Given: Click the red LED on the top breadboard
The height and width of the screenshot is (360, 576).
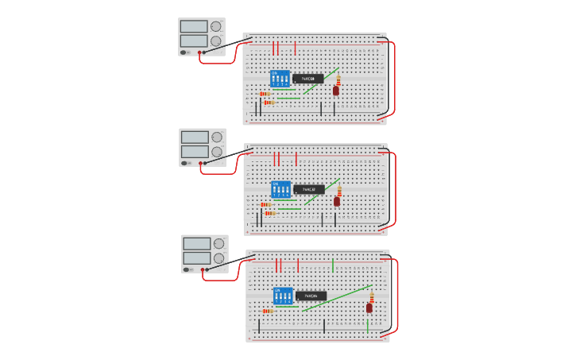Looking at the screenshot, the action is click(x=336, y=91).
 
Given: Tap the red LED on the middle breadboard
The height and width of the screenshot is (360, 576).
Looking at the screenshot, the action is click(x=337, y=202).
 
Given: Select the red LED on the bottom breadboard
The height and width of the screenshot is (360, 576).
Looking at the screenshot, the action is click(x=369, y=308).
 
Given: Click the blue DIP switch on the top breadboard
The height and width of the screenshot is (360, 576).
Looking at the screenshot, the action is click(x=280, y=79).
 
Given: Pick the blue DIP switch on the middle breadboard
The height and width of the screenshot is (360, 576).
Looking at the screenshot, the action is click(x=280, y=190).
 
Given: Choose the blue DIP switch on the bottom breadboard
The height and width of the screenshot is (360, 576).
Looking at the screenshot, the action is click(x=283, y=296).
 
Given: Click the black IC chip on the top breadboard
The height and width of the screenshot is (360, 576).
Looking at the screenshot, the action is click(x=308, y=79).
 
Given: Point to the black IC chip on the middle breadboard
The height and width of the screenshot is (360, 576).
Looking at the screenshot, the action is click(x=309, y=190).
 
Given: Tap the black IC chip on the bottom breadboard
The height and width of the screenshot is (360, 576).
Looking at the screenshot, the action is click(x=311, y=296).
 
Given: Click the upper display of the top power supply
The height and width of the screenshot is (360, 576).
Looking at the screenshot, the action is click(x=194, y=26).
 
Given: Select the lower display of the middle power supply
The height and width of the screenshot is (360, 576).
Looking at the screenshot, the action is click(x=195, y=151).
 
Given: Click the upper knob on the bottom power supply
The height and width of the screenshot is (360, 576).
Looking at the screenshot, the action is click(x=218, y=244).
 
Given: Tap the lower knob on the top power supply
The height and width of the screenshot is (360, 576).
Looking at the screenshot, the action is click(x=216, y=41).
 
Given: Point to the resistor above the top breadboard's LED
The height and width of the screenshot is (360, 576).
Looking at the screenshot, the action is click(x=338, y=79).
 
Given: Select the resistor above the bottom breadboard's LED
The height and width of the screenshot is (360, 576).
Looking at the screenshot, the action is click(x=372, y=296).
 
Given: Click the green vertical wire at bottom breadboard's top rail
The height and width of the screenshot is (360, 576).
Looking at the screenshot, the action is click(x=333, y=265).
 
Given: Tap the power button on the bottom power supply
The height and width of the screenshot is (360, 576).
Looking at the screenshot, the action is click(x=186, y=269).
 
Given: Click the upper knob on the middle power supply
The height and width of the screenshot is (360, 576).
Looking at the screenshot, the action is click(x=217, y=137).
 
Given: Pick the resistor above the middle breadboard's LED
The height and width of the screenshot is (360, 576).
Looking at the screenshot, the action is click(x=339, y=191).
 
